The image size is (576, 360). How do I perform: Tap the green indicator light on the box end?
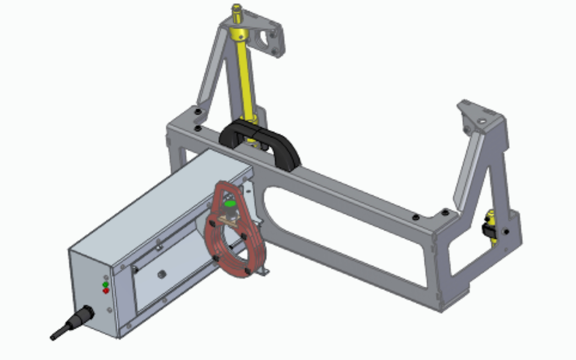[x=105, y=284]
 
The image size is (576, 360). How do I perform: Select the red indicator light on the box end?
[x=106, y=291]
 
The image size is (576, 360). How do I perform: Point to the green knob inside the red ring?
[x=230, y=204]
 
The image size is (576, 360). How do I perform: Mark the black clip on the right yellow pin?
[x=487, y=230]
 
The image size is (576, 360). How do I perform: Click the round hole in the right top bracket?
[x=481, y=121]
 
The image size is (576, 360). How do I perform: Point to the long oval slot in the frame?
[x=342, y=234]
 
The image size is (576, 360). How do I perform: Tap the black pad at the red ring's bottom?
[x=247, y=271]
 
